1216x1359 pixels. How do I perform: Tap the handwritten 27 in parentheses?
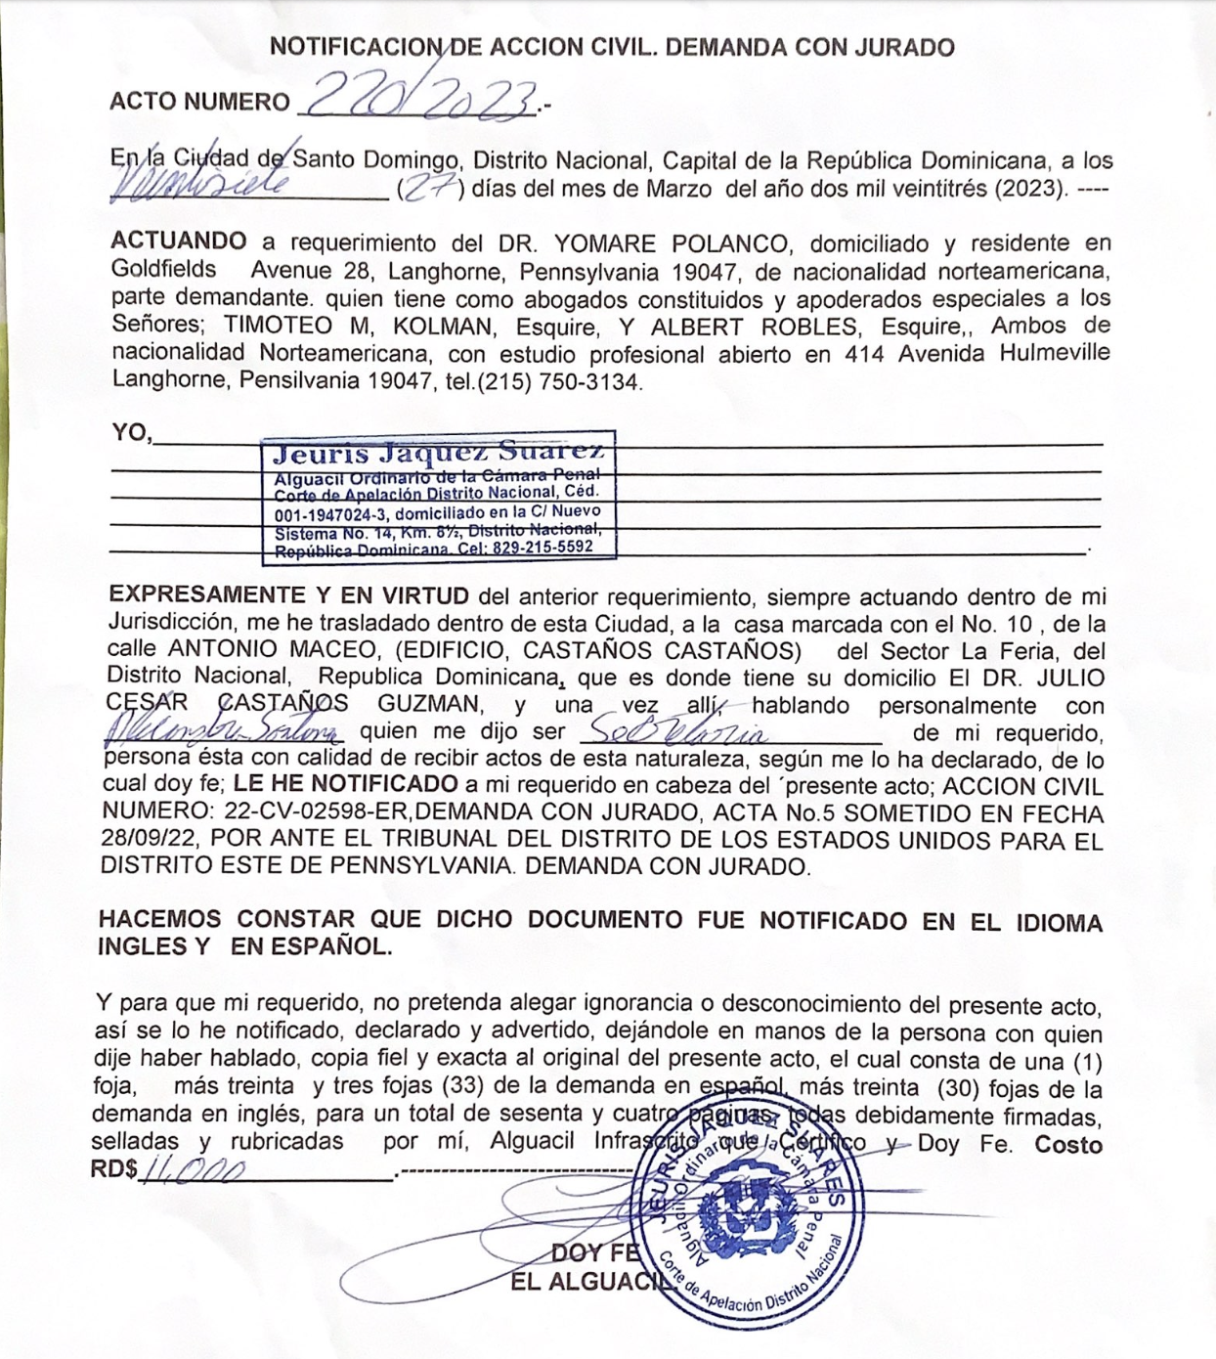pos(431,190)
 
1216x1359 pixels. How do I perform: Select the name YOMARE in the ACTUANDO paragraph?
pos(612,243)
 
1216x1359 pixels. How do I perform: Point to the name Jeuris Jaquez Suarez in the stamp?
pos(438,452)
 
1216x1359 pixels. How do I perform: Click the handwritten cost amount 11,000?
pos(194,1170)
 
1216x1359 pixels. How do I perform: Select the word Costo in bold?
pos(1068,1146)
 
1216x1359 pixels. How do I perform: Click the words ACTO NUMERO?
pos(199,102)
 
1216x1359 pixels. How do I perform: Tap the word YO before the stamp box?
pos(130,431)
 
